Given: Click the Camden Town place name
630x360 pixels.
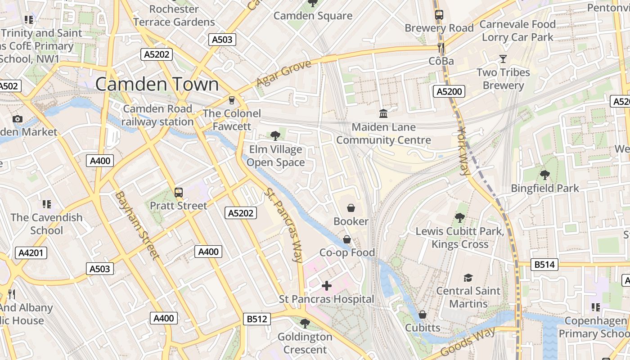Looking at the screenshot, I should [x=157, y=85].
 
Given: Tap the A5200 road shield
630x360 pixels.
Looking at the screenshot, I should [x=449, y=92].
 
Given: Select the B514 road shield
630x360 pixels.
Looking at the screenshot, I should [x=544, y=265].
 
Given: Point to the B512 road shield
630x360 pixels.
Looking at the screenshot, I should [x=257, y=319].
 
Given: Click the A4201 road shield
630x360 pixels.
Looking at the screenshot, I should [x=31, y=253].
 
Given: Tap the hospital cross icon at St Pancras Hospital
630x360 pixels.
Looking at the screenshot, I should [x=327, y=286].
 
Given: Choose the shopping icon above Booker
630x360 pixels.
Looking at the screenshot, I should [x=351, y=208].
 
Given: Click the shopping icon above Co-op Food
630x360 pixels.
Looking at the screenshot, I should [x=347, y=239].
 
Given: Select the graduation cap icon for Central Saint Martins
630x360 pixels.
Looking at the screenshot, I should [x=468, y=278].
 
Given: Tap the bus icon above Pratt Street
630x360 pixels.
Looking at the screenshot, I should [x=179, y=193].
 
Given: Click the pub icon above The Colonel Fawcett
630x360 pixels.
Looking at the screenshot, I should [x=232, y=100].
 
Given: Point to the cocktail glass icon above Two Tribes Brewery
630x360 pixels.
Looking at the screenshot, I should [x=503, y=59].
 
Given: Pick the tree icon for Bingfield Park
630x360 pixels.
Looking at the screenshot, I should [x=545, y=175].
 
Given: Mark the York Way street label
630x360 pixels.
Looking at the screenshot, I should [x=463, y=151].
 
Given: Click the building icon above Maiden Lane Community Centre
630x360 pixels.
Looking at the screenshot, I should [x=383, y=113].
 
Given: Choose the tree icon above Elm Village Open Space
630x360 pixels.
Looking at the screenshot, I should [x=275, y=135].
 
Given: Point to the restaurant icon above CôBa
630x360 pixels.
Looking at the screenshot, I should [x=441, y=47].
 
